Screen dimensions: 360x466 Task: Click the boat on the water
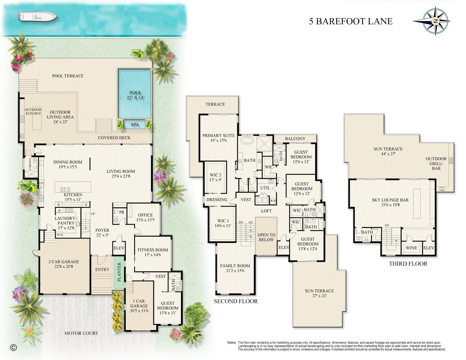click(x=38, y=17)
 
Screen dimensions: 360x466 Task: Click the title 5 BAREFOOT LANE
click(x=350, y=21)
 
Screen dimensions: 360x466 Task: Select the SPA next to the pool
click(x=135, y=125)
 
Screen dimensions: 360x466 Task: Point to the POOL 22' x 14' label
click(x=136, y=95)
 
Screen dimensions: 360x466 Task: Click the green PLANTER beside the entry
click(x=119, y=272)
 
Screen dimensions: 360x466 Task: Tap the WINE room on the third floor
click(x=411, y=248)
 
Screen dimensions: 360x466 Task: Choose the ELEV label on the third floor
click(x=429, y=248)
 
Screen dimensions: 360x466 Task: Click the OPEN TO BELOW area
click(x=266, y=237)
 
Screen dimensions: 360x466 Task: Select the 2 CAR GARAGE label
click(x=64, y=264)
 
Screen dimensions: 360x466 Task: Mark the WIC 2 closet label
click(x=215, y=177)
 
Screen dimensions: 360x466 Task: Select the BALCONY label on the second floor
click(x=295, y=139)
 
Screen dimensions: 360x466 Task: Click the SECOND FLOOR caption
click(x=236, y=301)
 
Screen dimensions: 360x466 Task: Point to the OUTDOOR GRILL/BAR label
click(x=436, y=163)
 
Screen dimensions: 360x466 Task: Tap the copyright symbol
click(x=13, y=348)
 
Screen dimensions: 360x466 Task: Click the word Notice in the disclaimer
click(x=232, y=342)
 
